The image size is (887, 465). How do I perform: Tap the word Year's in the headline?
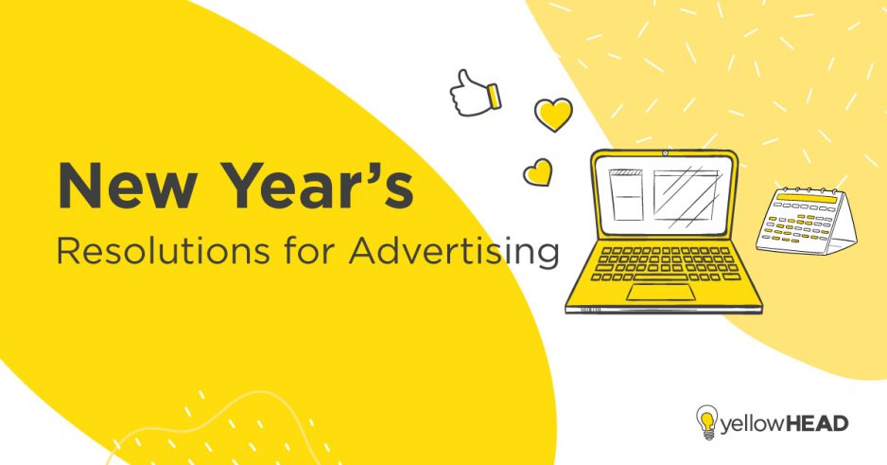click(311, 186)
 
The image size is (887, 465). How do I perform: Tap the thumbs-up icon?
click(473, 92)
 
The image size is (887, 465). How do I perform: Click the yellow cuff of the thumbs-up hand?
click(493, 96)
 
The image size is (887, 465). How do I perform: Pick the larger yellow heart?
click(553, 115)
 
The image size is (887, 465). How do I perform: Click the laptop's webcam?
click(665, 152)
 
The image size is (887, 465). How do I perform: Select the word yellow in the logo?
click(749, 422)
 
